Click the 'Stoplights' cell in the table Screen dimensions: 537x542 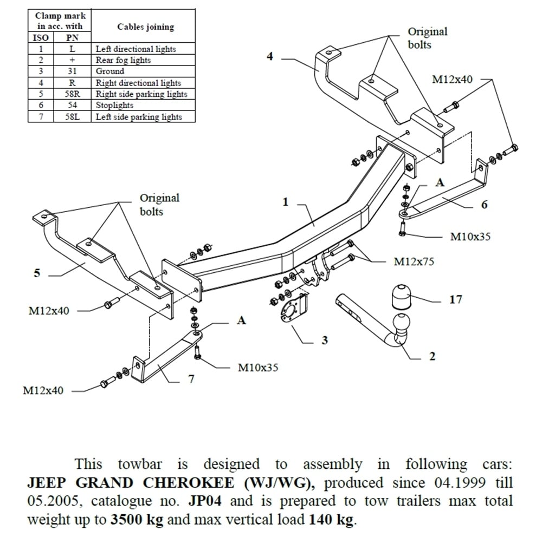(x=114, y=105)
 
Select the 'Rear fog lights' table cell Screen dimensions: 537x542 (x=123, y=60)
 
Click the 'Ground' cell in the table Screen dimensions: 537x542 (x=110, y=71)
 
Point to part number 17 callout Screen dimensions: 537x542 (x=456, y=299)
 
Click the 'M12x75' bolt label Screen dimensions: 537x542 (x=414, y=261)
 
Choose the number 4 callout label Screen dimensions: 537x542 (x=270, y=56)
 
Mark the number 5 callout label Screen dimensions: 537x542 (x=37, y=273)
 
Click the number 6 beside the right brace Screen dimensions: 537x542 (x=485, y=204)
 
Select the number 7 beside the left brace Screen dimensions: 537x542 (x=191, y=379)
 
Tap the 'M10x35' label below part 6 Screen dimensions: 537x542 (x=470, y=237)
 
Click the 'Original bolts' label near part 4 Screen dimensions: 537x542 (x=428, y=37)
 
